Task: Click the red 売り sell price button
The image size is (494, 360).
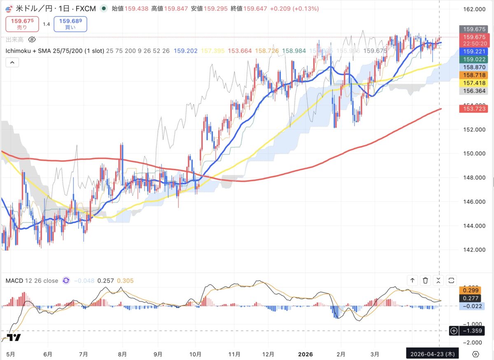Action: [x=22, y=24]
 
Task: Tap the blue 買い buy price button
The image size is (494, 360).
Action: [x=70, y=24]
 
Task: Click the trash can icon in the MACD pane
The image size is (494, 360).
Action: [x=425, y=281]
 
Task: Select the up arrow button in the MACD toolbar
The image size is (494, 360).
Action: [x=412, y=281]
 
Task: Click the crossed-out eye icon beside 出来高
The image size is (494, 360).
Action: [x=33, y=40]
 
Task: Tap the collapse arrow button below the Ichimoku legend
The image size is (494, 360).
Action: [x=12, y=62]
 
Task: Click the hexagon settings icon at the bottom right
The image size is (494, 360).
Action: [x=475, y=354]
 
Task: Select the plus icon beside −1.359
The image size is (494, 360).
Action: [x=454, y=330]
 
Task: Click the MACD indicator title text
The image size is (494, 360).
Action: [x=32, y=281]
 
